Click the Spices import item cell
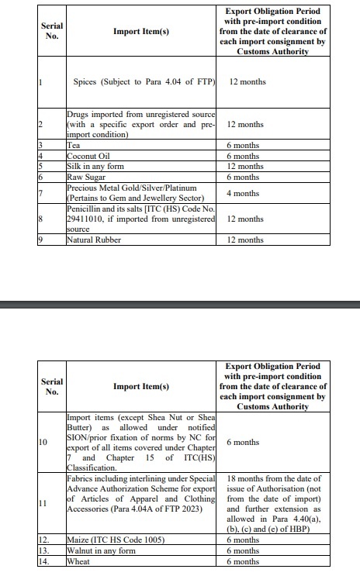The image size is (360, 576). pyautogui.click(x=143, y=81)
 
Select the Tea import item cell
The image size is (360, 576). pyautogui.click(x=74, y=144)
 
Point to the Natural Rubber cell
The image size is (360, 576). pyautogui.click(x=97, y=240)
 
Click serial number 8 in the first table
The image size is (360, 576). pyautogui.click(x=40, y=219)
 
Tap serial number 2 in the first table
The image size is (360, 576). pyautogui.click(x=40, y=124)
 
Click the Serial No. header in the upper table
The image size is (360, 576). pyautogui.click(x=52, y=31)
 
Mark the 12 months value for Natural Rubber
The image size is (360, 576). pyautogui.click(x=245, y=240)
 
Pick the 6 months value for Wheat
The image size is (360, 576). pyautogui.click(x=243, y=560)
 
